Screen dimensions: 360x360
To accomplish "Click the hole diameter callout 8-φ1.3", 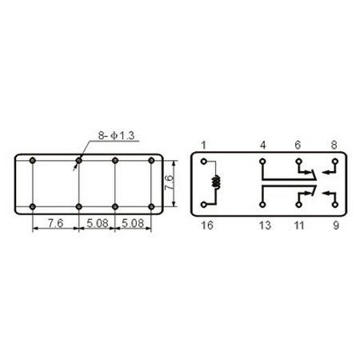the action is [x=116, y=136].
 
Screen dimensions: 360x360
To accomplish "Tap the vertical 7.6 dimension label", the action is [x=169, y=182].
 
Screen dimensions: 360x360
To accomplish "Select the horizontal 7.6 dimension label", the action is [x=55, y=223].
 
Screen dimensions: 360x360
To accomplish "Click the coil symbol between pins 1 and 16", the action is [x=215, y=182].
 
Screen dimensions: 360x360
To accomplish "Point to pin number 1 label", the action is [x=204, y=146].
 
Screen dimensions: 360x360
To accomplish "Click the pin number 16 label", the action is [x=207, y=226].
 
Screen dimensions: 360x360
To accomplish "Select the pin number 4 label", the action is [x=263, y=146].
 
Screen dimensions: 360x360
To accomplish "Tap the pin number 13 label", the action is [x=265, y=226].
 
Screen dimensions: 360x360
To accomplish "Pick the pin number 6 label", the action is [x=298, y=145].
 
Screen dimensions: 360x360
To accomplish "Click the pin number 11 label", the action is [x=299, y=226].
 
